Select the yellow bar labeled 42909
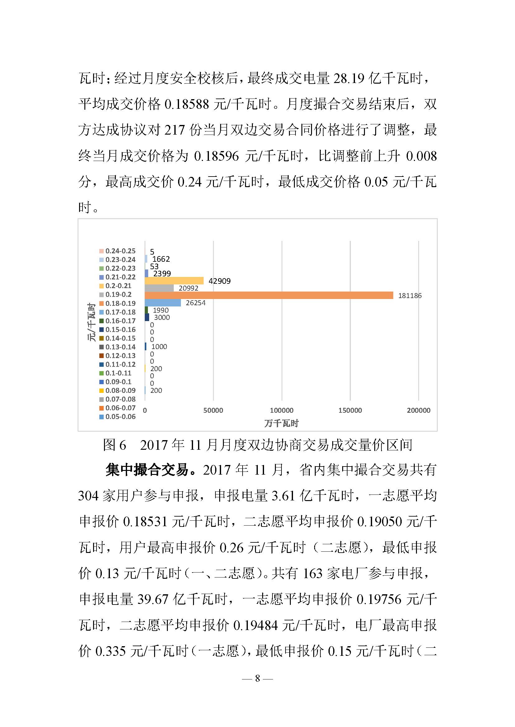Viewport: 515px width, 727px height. [x=174, y=281]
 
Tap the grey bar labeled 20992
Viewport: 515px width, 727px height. [x=159, y=288]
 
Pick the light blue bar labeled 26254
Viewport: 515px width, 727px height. [x=163, y=302]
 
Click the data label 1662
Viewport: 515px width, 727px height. [x=161, y=259]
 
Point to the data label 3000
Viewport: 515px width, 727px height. [x=162, y=317]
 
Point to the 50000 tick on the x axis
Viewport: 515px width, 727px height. [x=213, y=410]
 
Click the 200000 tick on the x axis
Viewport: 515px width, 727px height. [x=418, y=410]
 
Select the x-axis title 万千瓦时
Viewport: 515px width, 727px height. [x=281, y=423]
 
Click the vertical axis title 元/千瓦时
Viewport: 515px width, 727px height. [x=91, y=322]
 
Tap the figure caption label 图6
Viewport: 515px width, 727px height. [x=115, y=445]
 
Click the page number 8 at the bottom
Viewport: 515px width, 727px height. [x=257, y=678]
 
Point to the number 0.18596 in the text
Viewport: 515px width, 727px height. [x=216, y=156]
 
